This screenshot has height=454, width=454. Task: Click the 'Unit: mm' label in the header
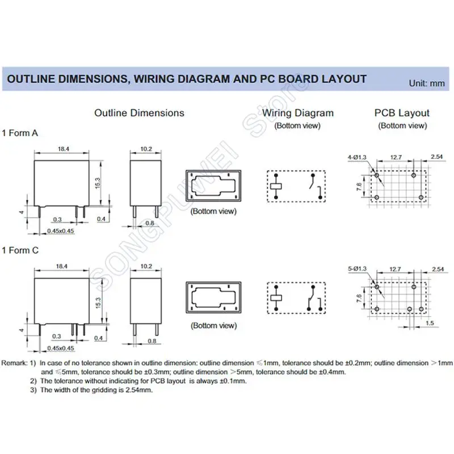(x=427, y=83)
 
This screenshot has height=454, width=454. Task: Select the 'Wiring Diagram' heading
(x=298, y=112)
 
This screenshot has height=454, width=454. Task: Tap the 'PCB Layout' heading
(x=402, y=112)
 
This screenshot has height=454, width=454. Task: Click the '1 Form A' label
(x=20, y=133)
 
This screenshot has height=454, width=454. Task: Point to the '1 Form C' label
(x=20, y=250)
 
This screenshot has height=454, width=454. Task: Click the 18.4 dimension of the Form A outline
(x=64, y=149)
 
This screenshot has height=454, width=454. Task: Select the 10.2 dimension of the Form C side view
(x=146, y=266)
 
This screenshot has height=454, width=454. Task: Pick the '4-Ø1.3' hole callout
(x=357, y=157)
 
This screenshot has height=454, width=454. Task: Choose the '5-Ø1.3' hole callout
(x=357, y=268)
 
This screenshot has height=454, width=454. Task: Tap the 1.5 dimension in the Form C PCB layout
(x=430, y=323)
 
